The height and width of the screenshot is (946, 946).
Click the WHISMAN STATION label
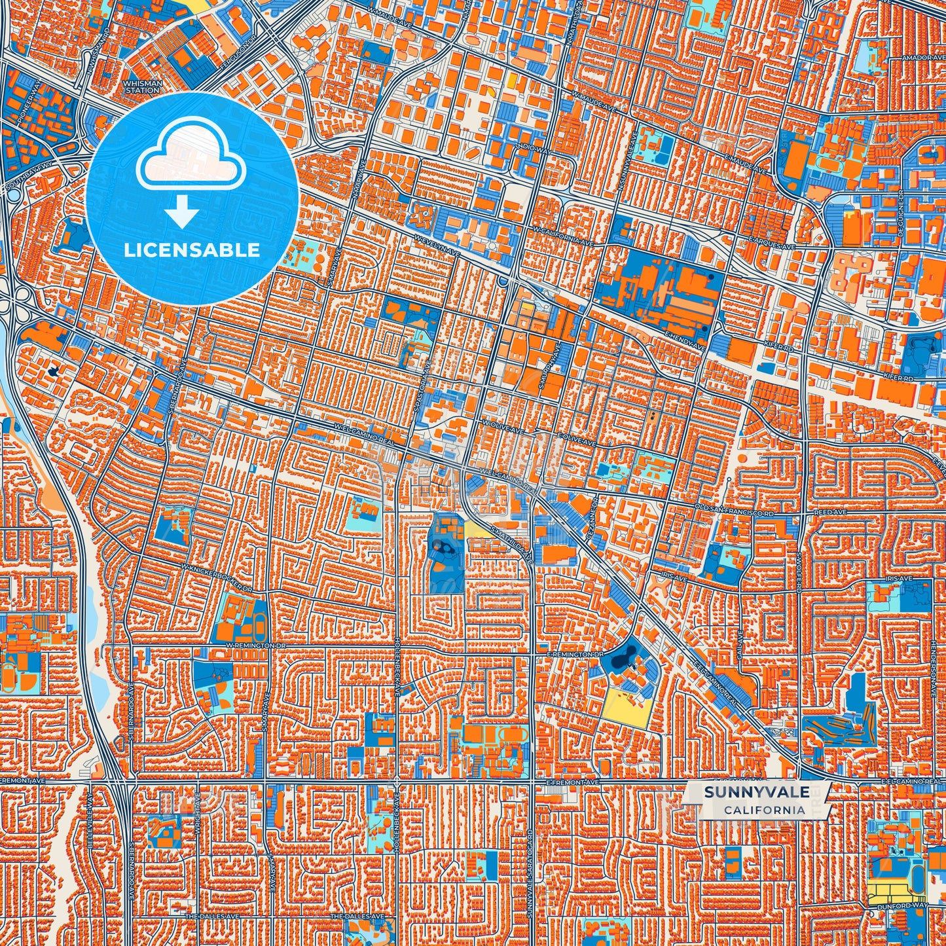click(142, 87)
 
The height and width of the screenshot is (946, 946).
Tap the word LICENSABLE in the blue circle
click(192, 250)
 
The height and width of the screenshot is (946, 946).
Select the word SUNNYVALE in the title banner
click(756, 792)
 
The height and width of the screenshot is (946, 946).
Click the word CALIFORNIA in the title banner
click(764, 810)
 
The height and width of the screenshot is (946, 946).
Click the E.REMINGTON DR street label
click(574, 654)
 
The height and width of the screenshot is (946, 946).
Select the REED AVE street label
click(830, 512)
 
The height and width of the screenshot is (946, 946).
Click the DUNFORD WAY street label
click(903, 906)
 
